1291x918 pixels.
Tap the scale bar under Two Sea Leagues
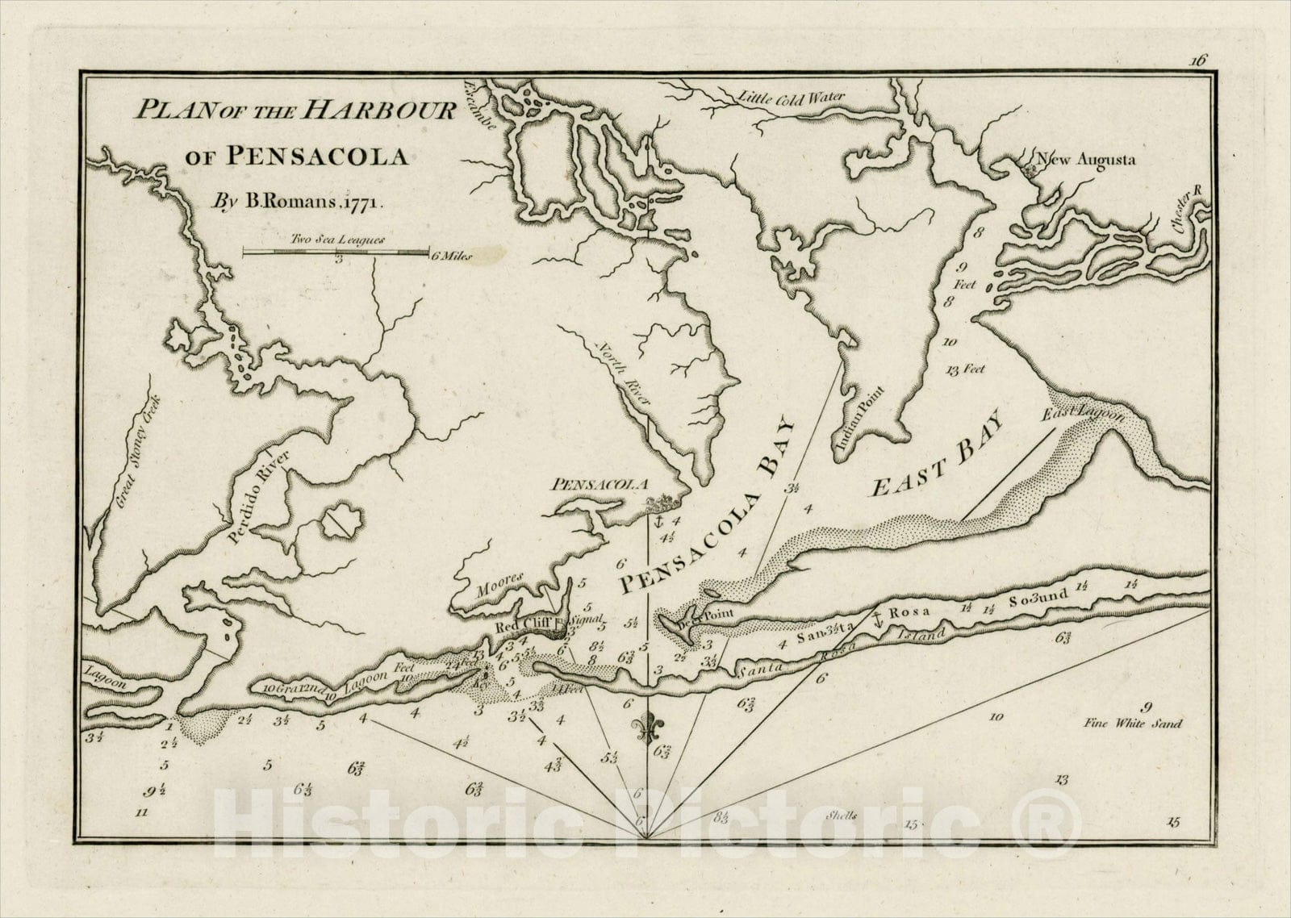pos(336,252)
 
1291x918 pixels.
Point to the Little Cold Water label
pos(792,97)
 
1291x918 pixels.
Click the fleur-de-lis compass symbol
pos(646,729)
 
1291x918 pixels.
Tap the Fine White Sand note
pos(1133,724)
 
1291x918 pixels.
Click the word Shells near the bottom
pos(842,815)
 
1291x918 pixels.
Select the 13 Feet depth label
pos(965,370)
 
